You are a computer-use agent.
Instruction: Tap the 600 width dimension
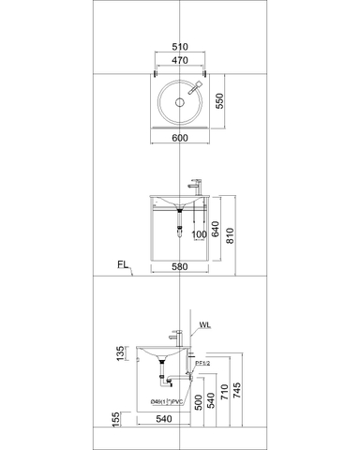[180, 137]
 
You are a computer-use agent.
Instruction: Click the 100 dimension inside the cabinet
[199, 234]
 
